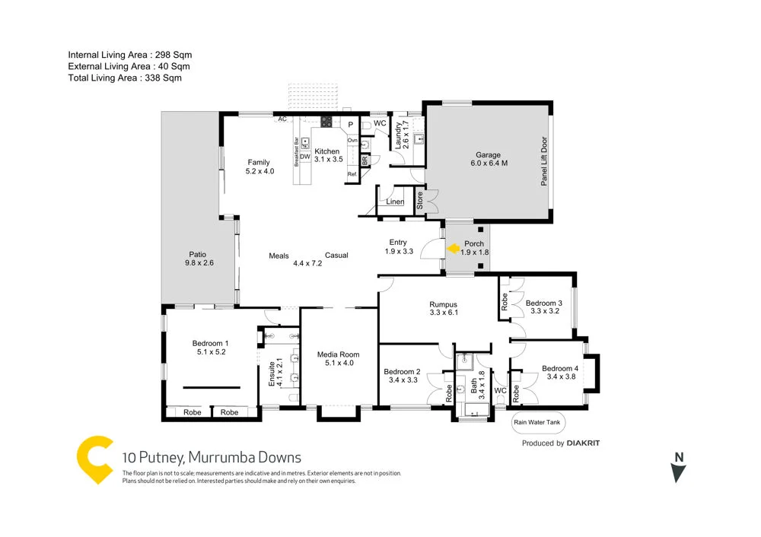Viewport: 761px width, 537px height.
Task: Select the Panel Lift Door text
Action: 543,161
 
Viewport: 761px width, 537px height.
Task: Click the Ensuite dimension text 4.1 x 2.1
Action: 279,371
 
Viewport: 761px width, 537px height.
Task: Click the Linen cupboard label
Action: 395,202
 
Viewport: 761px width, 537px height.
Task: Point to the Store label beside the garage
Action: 419,201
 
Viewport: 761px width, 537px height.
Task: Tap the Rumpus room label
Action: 442,304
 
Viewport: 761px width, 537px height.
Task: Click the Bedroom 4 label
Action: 559,370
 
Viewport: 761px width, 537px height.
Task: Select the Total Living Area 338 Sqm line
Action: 125,78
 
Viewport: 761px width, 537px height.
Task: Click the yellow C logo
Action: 95,460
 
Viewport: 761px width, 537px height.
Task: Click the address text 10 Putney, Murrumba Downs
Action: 212,458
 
